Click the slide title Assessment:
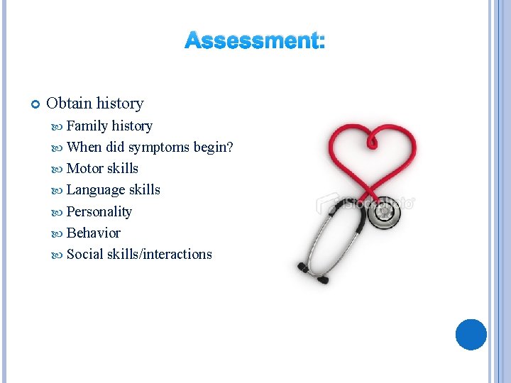click(255, 41)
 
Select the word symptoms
click(159, 148)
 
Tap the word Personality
click(99, 212)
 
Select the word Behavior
click(93, 233)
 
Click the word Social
click(84, 254)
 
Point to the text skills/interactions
click(160, 254)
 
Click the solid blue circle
click(471, 334)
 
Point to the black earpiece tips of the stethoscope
click(312, 273)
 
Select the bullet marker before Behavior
click(58, 233)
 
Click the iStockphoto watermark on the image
click(366, 204)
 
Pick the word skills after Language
click(145, 190)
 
